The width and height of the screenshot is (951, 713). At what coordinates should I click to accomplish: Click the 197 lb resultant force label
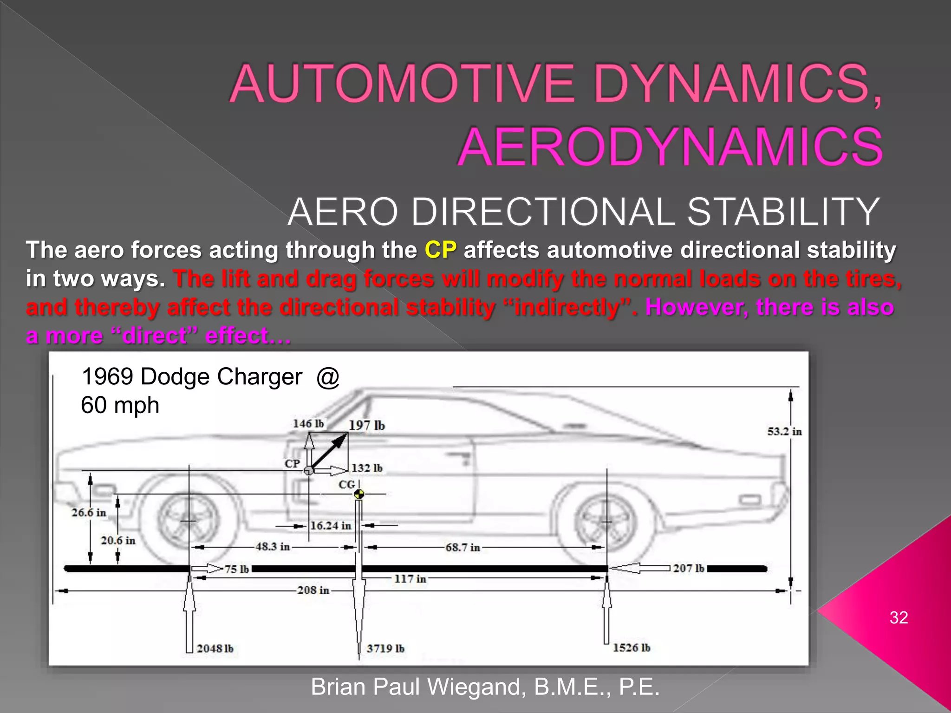click(366, 425)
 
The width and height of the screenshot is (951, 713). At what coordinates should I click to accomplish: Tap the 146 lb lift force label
click(308, 423)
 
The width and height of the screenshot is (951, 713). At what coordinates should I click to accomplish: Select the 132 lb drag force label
click(366, 468)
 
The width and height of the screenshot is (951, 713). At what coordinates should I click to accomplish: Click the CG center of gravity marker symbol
click(359, 494)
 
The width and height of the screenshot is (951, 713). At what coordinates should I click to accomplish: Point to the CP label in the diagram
click(292, 463)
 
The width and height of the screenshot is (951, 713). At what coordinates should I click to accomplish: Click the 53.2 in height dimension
click(784, 431)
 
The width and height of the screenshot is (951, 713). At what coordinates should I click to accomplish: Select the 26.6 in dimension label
click(89, 512)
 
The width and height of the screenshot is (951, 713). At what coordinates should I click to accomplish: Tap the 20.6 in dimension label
click(118, 540)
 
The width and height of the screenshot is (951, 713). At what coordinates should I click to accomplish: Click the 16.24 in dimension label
click(331, 525)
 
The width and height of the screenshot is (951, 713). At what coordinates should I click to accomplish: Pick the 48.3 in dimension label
click(273, 547)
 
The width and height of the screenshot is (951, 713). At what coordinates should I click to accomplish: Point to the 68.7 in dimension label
click(462, 547)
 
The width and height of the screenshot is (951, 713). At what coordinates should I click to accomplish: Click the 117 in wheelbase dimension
click(410, 579)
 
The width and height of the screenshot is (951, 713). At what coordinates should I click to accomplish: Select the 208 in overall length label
click(313, 590)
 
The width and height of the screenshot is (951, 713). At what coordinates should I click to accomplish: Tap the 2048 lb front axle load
click(215, 648)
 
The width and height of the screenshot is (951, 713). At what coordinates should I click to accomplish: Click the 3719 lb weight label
click(385, 648)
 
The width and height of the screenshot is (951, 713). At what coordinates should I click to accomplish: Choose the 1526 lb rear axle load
click(632, 648)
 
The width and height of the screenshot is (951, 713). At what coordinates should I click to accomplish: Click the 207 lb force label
click(689, 568)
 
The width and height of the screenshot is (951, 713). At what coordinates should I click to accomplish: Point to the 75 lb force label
click(237, 569)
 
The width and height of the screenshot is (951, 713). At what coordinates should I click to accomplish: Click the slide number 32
click(899, 617)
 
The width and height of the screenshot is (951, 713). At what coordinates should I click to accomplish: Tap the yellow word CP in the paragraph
click(440, 250)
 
